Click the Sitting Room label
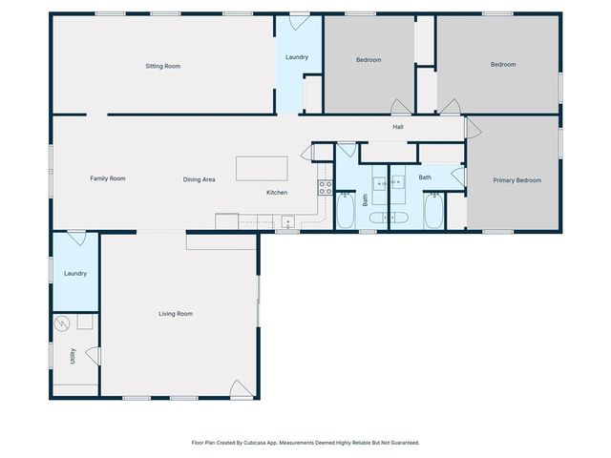coord(162,66)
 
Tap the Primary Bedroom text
coord(516,180)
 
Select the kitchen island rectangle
coord(262,168)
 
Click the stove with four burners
coord(325,187)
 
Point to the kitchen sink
coord(286,222)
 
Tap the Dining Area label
coord(199,179)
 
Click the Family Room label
coord(108,178)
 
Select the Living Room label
coord(176,314)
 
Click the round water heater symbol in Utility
coord(64,323)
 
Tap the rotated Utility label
coord(73,356)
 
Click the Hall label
coord(398,127)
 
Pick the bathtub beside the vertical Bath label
coord(345,211)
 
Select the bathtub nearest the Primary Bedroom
coord(433,211)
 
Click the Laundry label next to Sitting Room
coord(297,57)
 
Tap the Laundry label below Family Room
coord(75,274)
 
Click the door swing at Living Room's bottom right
coord(242,388)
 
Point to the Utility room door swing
coord(93,355)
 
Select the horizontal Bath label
coord(425,177)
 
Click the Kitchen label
coord(277,193)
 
